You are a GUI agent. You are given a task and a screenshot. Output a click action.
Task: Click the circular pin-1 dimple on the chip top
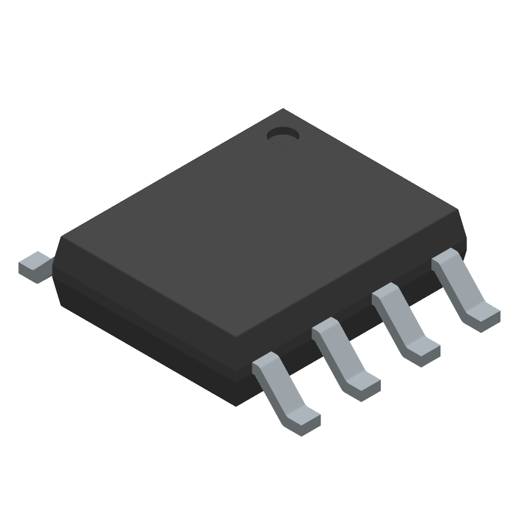pyautogui.click(x=282, y=135)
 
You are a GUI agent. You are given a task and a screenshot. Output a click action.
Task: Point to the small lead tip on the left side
pyautogui.click(x=34, y=267)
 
